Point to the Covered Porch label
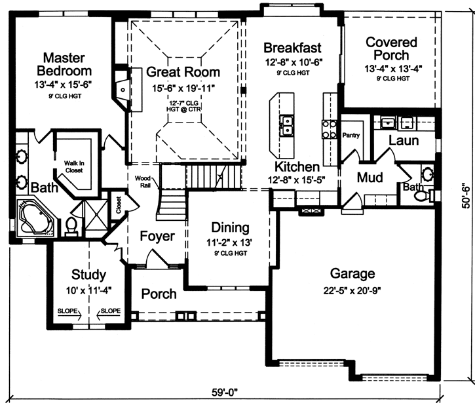[x=387, y=48]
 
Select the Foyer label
[x=157, y=236]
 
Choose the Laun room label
[x=403, y=141]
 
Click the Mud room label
[x=370, y=178]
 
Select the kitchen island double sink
[x=287, y=125]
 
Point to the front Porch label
[x=159, y=294]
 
